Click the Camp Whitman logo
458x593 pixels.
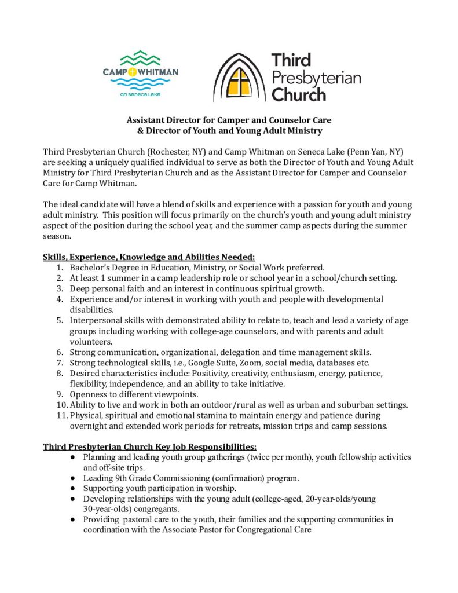pyautogui.click(x=140, y=72)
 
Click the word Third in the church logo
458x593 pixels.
pyautogui.click(x=291, y=60)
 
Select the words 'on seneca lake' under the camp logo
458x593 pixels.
pyautogui.click(x=140, y=93)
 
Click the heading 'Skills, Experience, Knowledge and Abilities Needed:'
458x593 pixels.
pyautogui.click(x=149, y=257)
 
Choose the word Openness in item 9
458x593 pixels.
pyautogui.click(x=90, y=394)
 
